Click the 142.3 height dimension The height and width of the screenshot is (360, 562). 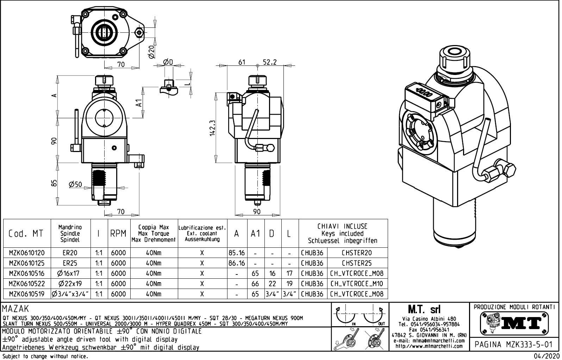[212, 128]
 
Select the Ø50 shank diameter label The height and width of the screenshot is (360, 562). [75, 184]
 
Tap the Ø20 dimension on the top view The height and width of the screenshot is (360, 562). [151, 52]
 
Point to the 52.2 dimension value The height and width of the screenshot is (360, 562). [270, 62]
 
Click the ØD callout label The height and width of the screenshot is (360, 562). [168, 62]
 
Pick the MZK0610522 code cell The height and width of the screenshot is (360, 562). [27, 284]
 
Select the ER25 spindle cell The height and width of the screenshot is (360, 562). [70, 263]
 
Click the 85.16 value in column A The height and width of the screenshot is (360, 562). [237, 253]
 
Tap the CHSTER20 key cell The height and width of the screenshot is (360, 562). [357, 253]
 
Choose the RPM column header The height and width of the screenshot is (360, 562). [118, 234]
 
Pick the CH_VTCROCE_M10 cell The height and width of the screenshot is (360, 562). [357, 284]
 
